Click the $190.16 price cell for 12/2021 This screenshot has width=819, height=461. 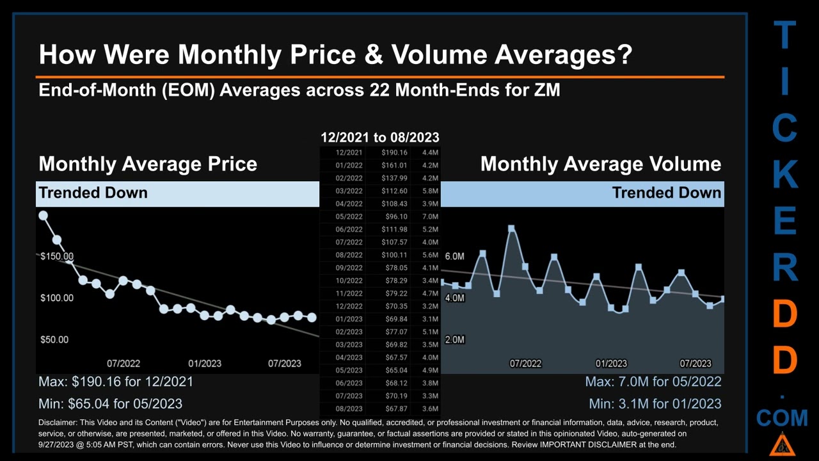[394, 152]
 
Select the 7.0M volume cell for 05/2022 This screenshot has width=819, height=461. [430, 216]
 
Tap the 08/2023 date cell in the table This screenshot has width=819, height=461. [349, 408]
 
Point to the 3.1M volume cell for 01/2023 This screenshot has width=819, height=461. [430, 319]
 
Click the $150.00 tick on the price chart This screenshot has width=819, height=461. [56, 257]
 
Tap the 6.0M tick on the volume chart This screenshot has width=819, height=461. [454, 256]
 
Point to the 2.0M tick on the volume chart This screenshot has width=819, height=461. [454, 339]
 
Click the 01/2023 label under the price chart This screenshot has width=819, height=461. [204, 363]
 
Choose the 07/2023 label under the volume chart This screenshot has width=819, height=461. [695, 363]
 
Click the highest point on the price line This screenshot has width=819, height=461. [44, 216]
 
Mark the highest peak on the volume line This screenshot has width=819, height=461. [511, 229]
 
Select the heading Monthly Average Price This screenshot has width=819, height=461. [148, 164]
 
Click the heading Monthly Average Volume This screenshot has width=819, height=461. [600, 164]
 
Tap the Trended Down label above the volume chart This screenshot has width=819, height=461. [666, 193]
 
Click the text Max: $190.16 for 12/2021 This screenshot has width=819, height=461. [116, 382]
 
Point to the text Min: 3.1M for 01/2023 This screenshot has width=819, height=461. [655, 404]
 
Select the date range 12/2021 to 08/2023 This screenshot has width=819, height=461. [379, 137]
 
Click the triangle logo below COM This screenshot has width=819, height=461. [781, 443]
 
